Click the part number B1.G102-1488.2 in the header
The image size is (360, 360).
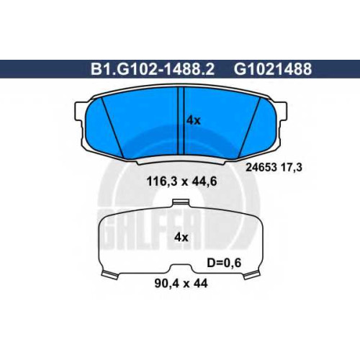click(x=153, y=69)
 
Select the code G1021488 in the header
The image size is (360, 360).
click(x=273, y=69)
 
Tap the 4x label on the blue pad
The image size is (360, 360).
click(x=194, y=120)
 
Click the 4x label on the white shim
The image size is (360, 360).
click(x=181, y=238)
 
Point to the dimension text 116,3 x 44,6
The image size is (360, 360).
click(x=181, y=181)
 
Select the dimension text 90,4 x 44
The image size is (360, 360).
click(x=181, y=284)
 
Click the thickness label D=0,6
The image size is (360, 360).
click(x=224, y=263)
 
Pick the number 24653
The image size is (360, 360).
click(x=261, y=167)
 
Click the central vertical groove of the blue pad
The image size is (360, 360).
click(x=180, y=121)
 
